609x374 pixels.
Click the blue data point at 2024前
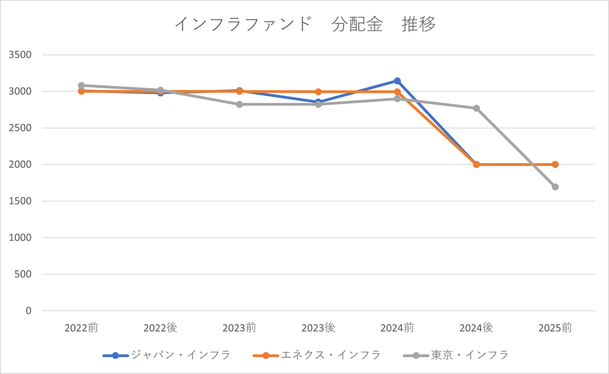[x=397, y=81]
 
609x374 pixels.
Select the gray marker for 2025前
[x=555, y=187]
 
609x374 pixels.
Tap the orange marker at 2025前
[x=555, y=165]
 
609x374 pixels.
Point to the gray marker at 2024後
[x=477, y=108]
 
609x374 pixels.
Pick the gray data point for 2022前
[x=81, y=85]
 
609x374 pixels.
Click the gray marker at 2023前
[x=239, y=105]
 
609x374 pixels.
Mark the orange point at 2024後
[x=477, y=165]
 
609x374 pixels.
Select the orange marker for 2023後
[x=318, y=92]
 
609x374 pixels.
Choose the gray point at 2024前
[x=397, y=99]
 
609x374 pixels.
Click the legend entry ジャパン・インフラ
[x=166, y=355]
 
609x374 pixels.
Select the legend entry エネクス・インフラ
[x=317, y=355]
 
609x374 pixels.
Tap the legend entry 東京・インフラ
[x=456, y=355]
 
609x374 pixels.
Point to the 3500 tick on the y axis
[x=20, y=55]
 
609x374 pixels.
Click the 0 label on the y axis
[x=28, y=310]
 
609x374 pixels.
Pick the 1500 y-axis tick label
[x=20, y=201]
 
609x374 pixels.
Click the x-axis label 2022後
[x=160, y=328]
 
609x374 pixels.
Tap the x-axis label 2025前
[x=555, y=328]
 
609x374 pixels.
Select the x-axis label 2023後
[x=318, y=328]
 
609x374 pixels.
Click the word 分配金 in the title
[x=357, y=24]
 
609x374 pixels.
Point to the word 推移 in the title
[x=419, y=24]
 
